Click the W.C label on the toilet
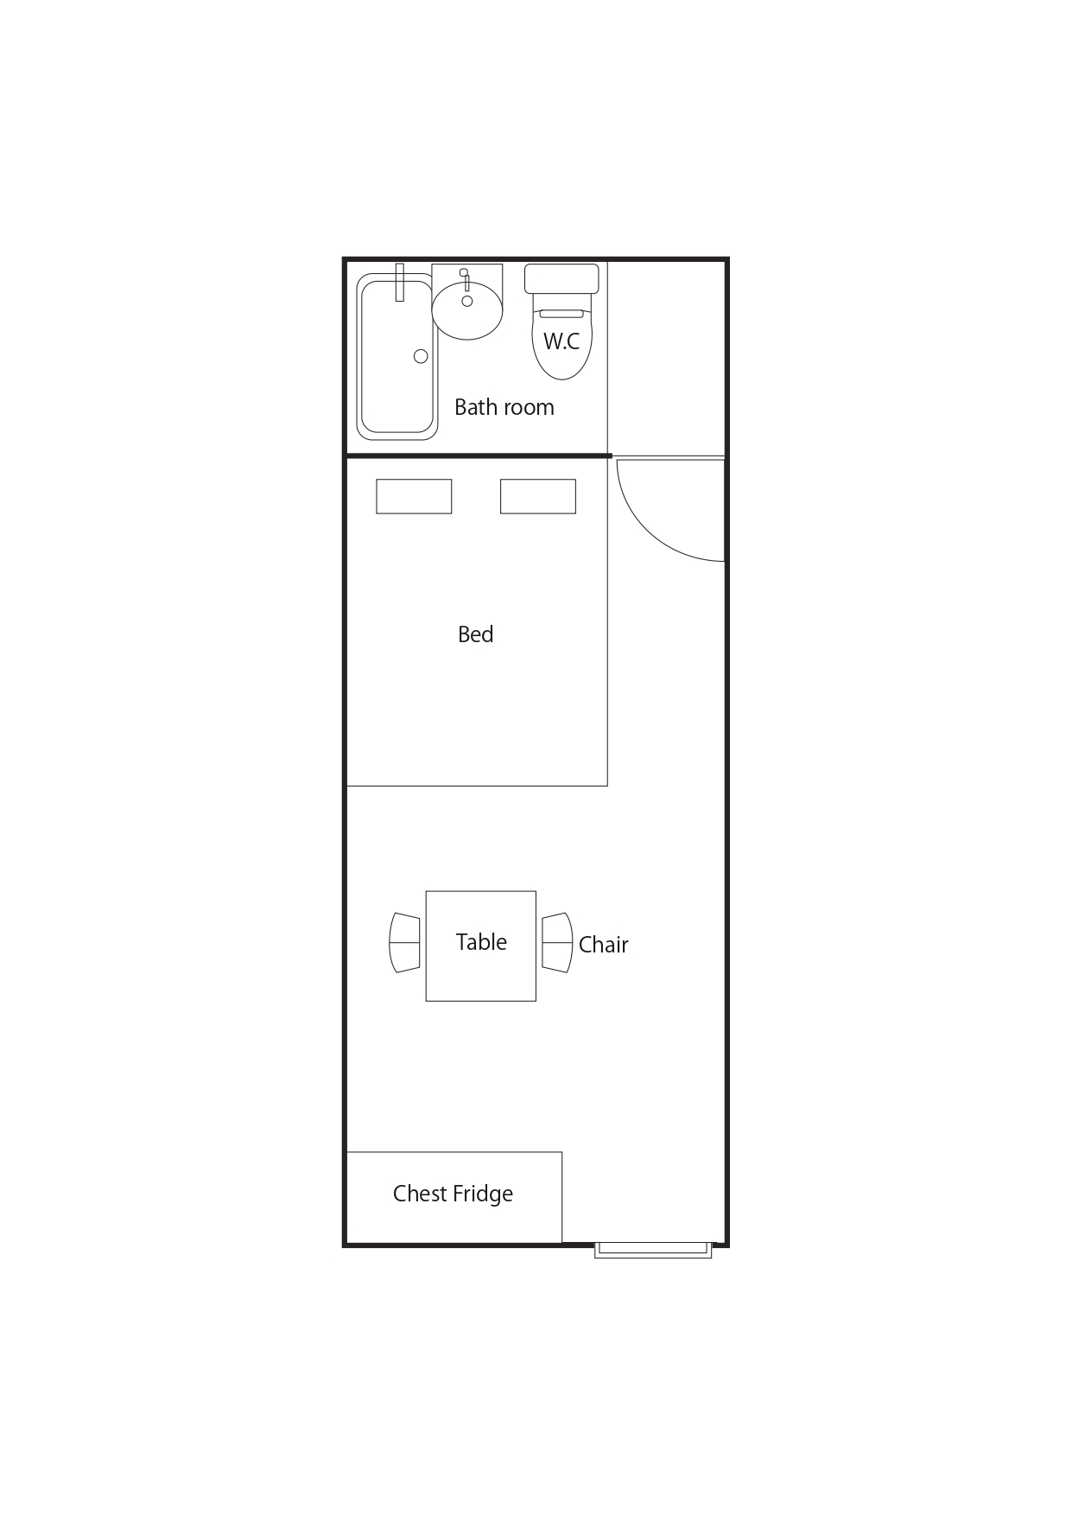[561, 341]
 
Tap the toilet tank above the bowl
[561, 278]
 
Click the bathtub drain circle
[421, 356]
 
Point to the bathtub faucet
[399, 283]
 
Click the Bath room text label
[504, 407]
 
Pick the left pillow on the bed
[414, 496]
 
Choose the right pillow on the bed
[538, 496]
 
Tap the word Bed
[475, 634]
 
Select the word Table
[481, 942]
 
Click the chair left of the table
[405, 942]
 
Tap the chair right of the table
[557, 942]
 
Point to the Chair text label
[603, 945]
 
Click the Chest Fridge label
[453, 1194]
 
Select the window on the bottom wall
[653, 1250]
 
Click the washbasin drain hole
[467, 301]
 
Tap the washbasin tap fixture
[465, 278]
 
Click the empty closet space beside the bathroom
[666, 357]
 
